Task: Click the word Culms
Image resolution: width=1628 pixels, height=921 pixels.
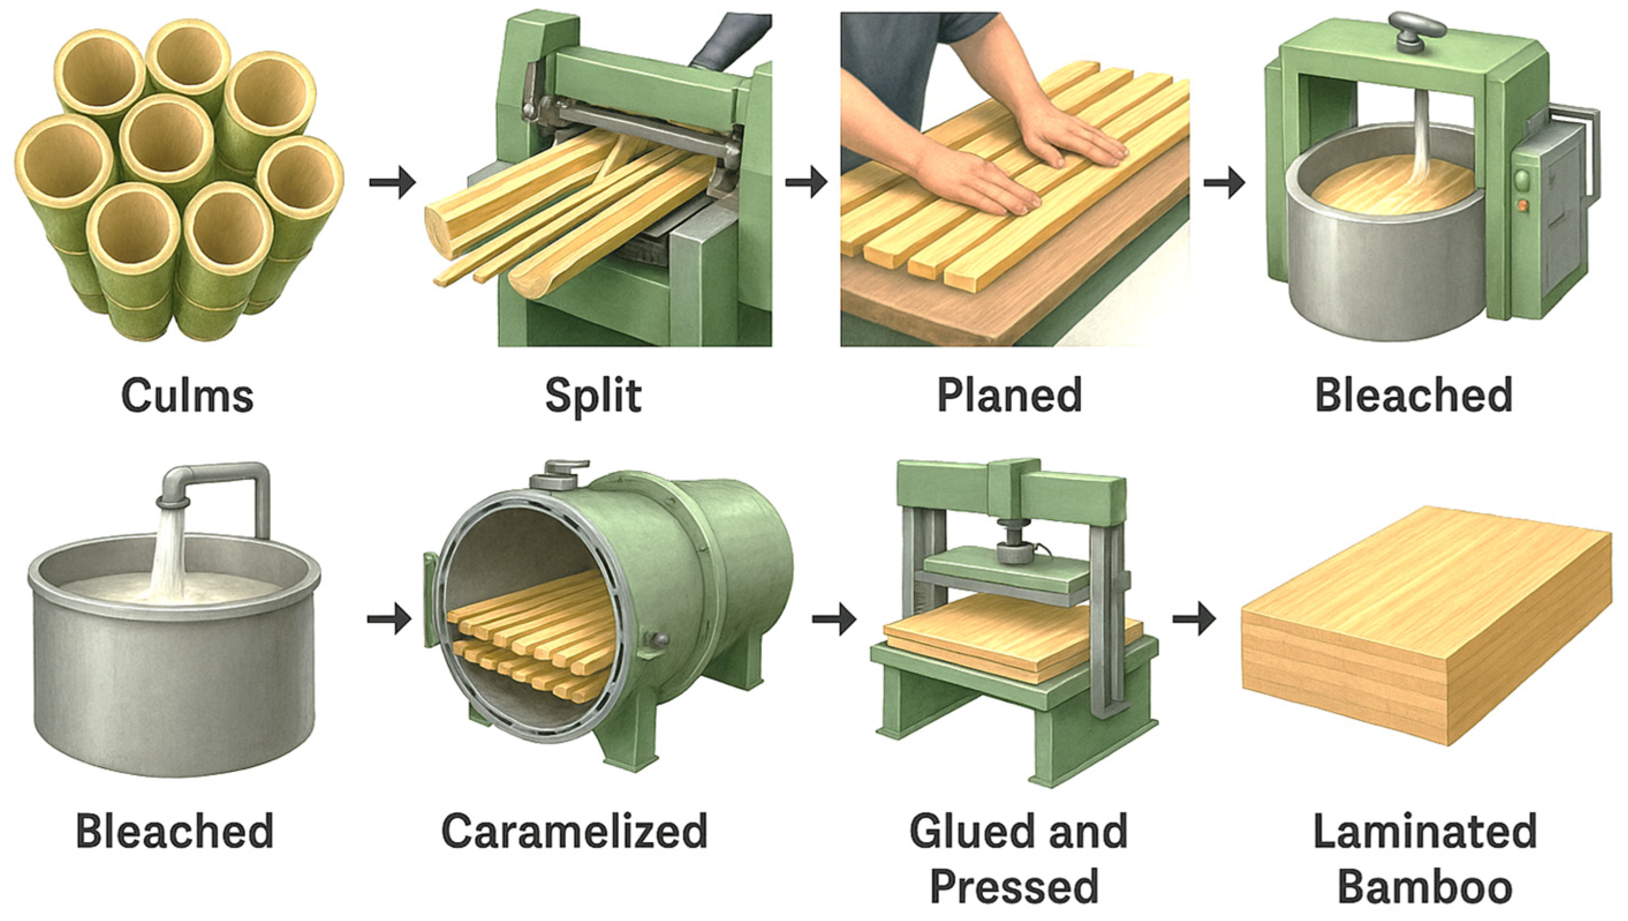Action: (187, 396)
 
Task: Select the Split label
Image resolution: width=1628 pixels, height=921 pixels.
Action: (593, 396)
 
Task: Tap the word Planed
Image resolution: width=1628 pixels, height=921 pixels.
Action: (1009, 395)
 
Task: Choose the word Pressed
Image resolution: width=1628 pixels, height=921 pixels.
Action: (1014, 886)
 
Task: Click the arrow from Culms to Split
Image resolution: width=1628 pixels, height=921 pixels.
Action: (392, 183)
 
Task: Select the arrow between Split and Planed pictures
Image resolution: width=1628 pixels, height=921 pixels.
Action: (807, 183)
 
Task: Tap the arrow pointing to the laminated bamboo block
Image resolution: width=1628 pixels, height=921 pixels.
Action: (1195, 618)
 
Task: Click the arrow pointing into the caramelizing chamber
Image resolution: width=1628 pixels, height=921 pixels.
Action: (389, 618)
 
